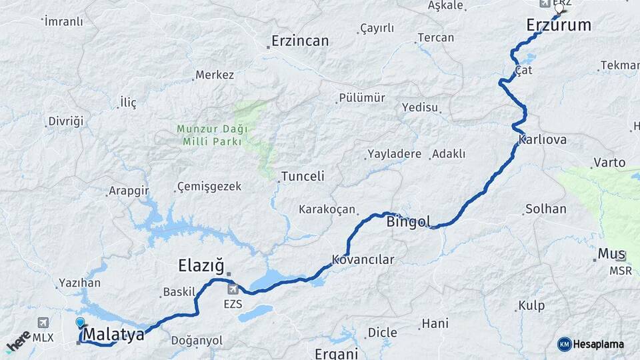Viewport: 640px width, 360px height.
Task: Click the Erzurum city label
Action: [x=559, y=25]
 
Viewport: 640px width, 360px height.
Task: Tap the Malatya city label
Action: [x=115, y=334]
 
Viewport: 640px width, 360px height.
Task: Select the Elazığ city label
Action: [x=201, y=266]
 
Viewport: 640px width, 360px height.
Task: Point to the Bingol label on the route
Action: [x=408, y=221]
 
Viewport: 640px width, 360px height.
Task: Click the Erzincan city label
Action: [x=299, y=41]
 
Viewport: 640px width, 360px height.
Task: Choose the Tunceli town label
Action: [x=303, y=176]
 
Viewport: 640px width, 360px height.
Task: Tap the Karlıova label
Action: [x=542, y=140]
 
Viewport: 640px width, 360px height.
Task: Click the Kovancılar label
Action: [x=363, y=259]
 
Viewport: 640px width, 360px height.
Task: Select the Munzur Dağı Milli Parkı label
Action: [x=212, y=135]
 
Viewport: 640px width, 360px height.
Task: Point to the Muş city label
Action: [x=611, y=253]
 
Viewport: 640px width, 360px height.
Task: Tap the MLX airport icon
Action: [x=44, y=323]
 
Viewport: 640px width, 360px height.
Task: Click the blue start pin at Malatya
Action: [x=81, y=323]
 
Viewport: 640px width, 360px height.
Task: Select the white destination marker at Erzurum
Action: [x=559, y=9]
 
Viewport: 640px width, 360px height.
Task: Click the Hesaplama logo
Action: [x=591, y=344]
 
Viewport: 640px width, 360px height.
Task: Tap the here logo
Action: [x=19, y=341]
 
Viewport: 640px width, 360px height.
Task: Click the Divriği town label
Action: [x=66, y=121]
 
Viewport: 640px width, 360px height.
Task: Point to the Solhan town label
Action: [x=545, y=209]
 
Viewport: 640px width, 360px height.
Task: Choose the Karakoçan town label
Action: [x=327, y=209]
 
